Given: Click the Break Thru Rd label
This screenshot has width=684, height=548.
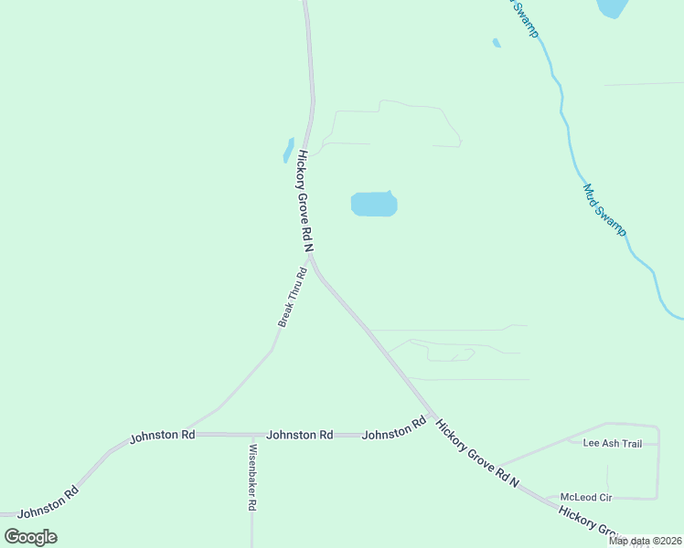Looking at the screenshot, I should tap(293, 298).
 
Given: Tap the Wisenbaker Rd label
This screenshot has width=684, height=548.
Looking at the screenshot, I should tap(252, 477).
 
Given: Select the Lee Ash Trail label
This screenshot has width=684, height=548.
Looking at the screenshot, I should tap(613, 444).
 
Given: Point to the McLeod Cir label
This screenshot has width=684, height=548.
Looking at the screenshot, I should tap(585, 498).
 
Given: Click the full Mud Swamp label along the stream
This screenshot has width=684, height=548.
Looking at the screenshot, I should tap(604, 211).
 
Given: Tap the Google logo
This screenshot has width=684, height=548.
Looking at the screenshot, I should tap(31, 536).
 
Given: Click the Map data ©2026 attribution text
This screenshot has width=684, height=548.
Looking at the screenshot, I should tap(645, 541).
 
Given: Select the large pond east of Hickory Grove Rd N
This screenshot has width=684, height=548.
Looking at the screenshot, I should tap(374, 204).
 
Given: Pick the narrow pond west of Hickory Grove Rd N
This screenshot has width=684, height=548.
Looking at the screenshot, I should tap(288, 151).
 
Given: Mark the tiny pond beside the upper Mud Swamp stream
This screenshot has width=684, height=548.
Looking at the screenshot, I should tap(497, 42).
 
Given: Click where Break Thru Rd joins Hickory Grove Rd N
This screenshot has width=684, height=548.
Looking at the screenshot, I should tap(311, 258).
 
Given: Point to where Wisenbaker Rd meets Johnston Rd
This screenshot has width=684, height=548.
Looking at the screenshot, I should tap(251, 435).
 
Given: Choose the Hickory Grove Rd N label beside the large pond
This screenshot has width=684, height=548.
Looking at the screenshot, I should tap(305, 203).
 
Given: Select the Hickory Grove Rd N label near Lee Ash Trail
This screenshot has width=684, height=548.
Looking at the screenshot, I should tap(477, 453).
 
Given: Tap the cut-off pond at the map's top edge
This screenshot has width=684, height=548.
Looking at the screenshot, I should tap(611, 8).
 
